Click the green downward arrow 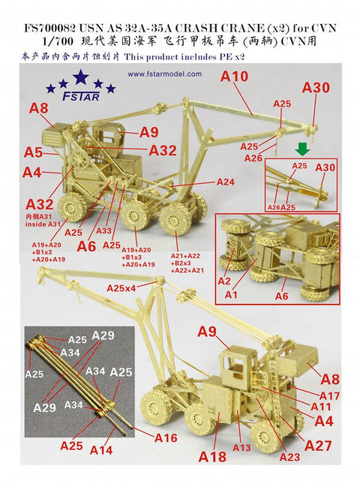(301, 149)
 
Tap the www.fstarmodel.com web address (164, 74)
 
